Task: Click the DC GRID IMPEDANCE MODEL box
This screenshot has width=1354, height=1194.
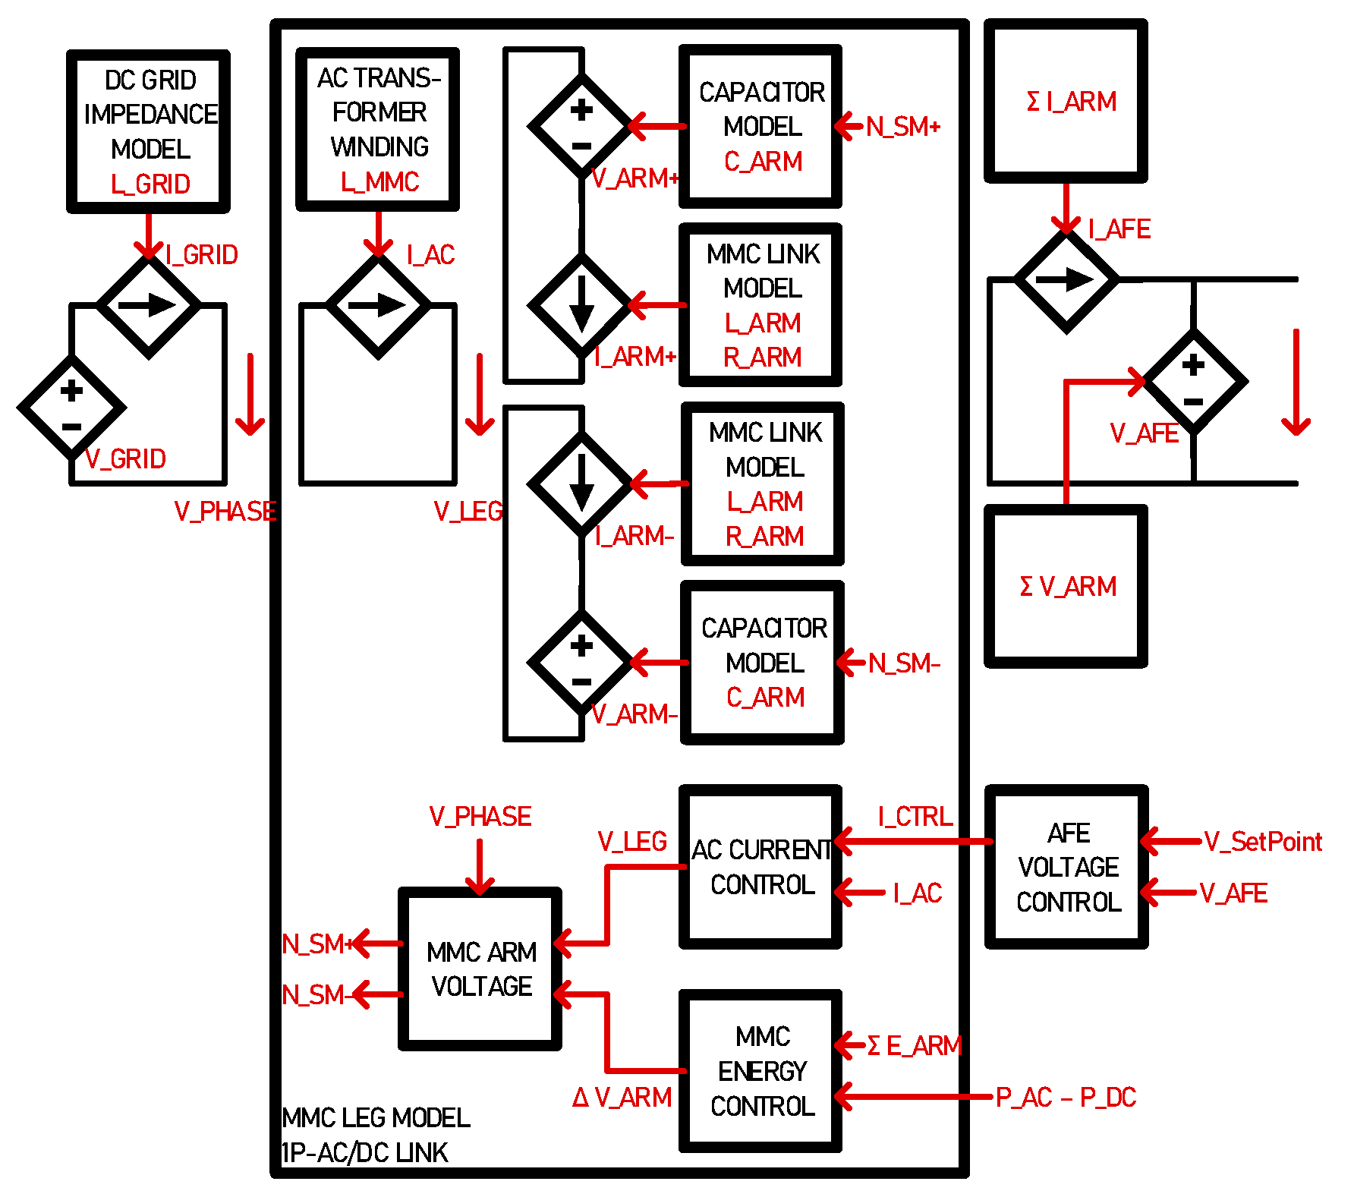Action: (x=148, y=131)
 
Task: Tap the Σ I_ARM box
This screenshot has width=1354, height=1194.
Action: (x=1066, y=101)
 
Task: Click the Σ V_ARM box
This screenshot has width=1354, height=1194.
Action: (x=1066, y=586)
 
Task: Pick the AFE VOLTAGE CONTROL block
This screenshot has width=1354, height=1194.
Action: (x=1066, y=867)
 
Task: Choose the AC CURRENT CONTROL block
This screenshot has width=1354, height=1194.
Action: (x=760, y=867)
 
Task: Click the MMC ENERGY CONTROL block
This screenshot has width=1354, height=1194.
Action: (x=760, y=1070)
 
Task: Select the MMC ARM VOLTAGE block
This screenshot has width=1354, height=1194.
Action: (x=480, y=969)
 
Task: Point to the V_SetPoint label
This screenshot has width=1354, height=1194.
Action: (x=1263, y=841)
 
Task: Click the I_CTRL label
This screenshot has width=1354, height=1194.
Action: (x=915, y=816)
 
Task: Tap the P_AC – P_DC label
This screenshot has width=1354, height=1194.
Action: (x=1066, y=1097)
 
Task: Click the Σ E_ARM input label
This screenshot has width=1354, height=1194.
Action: (x=915, y=1045)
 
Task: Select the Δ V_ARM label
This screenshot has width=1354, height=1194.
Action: (x=622, y=1097)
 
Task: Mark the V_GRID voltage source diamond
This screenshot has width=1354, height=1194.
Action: (x=71, y=408)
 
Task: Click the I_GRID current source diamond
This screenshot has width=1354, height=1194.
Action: (x=149, y=305)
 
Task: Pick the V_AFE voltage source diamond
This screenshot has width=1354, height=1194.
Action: (x=1194, y=382)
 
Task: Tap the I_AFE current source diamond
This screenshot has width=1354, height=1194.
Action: (x=1066, y=280)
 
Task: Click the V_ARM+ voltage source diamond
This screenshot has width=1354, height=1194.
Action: (x=581, y=127)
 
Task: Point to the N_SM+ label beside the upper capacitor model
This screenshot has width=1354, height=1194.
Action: (x=903, y=127)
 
